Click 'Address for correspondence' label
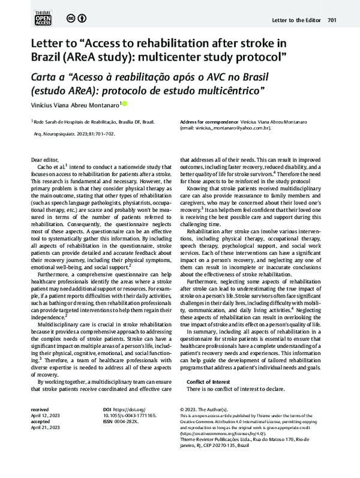pos(205,121)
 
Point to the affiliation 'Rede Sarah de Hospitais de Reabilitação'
pos(81,121)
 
